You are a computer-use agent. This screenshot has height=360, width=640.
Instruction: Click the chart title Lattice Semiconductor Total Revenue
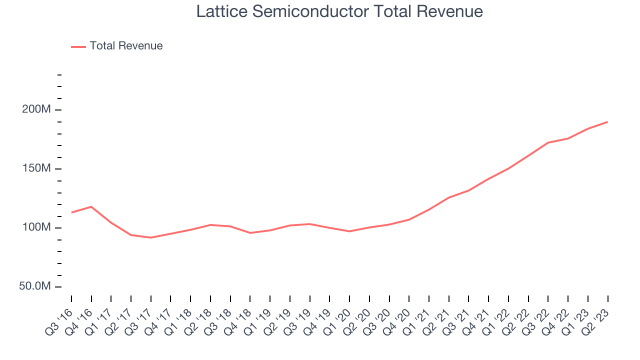tap(339, 11)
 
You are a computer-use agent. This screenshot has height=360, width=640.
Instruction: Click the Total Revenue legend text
tap(126, 46)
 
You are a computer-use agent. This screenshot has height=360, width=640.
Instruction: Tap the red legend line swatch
tap(78, 46)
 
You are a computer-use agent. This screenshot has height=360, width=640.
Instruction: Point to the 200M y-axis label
tap(36, 109)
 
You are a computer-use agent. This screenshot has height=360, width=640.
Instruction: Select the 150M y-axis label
tap(36, 168)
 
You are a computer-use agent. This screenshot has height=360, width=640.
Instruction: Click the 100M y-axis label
tap(36, 227)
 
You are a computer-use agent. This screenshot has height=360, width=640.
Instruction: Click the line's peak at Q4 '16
tap(91, 206)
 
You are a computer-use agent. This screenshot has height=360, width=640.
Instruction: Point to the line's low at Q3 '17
tap(150, 237)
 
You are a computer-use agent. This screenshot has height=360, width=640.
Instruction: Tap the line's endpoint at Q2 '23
tap(607, 121)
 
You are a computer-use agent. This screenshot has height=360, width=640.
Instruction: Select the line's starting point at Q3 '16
tap(71, 212)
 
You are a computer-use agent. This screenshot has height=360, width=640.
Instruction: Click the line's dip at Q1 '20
tap(349, 231)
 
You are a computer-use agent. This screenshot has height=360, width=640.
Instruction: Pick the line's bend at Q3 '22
tap(548, 142)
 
